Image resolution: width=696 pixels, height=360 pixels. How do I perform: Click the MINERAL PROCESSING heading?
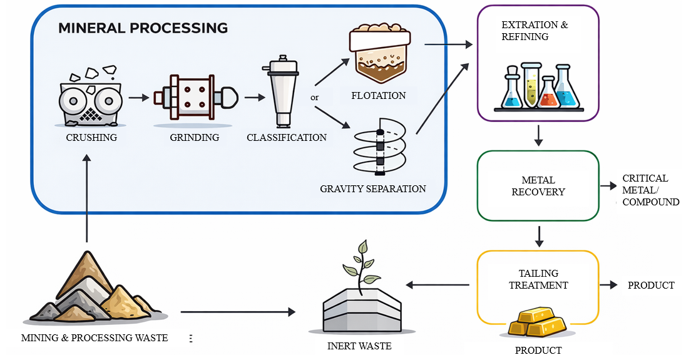143,28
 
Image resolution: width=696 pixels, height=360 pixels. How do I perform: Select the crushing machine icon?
91,97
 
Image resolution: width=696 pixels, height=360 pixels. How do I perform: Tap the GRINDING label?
195,137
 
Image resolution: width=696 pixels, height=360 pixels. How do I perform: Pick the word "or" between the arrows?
315,98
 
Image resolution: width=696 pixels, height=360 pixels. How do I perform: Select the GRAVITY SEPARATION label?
372,188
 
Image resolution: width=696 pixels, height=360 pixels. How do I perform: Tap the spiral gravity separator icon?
379,147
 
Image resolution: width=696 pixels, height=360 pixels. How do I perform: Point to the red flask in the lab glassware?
548,93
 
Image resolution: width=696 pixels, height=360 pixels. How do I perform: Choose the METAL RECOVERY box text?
538,186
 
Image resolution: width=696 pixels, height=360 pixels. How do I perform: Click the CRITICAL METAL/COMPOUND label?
650,190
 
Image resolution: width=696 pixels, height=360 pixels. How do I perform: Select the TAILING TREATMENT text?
538,279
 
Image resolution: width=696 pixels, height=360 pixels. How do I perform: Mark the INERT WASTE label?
359,346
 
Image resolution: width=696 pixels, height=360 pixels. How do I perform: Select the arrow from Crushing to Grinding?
139,98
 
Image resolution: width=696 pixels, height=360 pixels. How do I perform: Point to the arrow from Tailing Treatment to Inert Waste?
438,285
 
